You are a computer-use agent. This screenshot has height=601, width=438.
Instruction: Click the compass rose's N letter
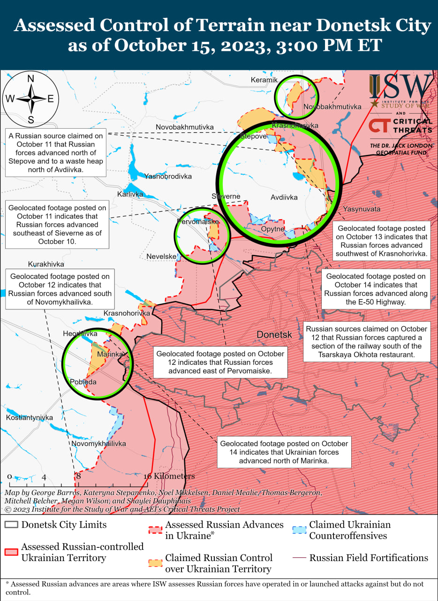(31, 79)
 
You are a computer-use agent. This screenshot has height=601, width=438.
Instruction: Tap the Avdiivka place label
(284, 198)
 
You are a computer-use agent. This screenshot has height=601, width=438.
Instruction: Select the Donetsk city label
(274, 335)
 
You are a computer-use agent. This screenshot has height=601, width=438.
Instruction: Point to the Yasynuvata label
(362, 208)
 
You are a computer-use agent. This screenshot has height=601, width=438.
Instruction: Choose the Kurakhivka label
(46, 264)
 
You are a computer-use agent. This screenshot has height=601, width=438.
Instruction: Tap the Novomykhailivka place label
(98, 443)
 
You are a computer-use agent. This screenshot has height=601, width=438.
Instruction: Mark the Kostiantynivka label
(30, 417)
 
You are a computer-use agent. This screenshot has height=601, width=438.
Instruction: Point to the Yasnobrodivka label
(168, 177)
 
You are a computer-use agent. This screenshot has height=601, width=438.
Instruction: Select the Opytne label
(272, 229)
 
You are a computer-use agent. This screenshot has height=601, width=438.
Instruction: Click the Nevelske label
(161, 256)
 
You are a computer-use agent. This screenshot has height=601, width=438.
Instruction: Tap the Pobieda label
(83, 382)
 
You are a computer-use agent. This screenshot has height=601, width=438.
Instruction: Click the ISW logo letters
(401, 86)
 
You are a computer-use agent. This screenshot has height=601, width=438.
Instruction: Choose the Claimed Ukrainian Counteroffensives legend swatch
(299, 531)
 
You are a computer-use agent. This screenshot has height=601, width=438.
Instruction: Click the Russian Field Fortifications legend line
(299, 558)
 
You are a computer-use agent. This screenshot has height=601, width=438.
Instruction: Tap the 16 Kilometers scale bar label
(169, 476)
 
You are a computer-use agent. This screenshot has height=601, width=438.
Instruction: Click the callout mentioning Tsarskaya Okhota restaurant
(367, 341)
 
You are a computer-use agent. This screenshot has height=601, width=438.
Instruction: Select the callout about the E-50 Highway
(376, 289)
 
